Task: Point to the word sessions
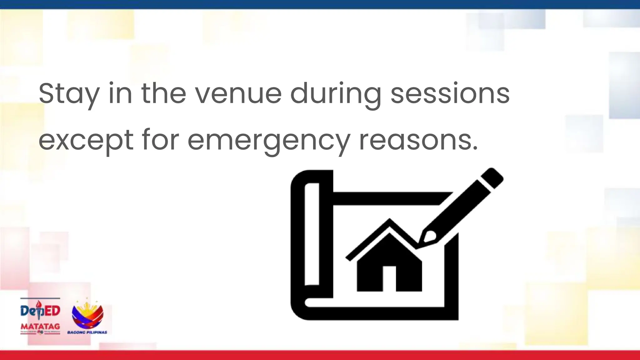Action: coord(450,94)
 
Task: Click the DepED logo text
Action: coord(40,310)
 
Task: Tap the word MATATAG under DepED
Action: coord(40,326)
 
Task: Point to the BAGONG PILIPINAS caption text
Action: coord(87,332)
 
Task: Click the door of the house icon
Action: coord(389,278)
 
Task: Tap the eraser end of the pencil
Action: coord(492,178)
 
